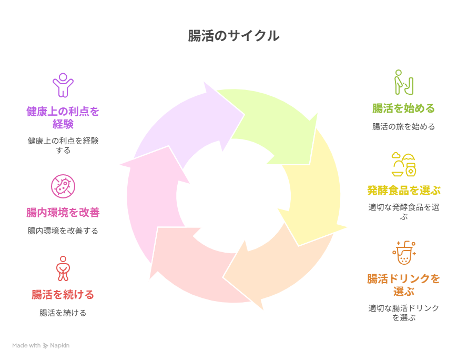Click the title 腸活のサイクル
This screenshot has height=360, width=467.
click(x=233, y=36)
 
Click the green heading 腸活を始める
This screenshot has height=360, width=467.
click(x=403, y=108)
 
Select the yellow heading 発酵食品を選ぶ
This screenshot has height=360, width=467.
click(x=403, y=190)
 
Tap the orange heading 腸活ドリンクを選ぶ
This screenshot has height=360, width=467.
click(x=403, y=284)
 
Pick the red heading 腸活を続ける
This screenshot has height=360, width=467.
click(x=63, y=295)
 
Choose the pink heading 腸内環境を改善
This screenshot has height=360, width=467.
click(x=63, y=213)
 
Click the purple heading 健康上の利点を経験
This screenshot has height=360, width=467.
click(x=63, y=117)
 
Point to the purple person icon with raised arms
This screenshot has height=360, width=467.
click(x=63, y=85)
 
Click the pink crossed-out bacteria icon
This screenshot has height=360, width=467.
click(x=63, y=186)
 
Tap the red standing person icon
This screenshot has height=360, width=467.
click(x=63, y=268)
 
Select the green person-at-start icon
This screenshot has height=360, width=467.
click(x=403, y=82)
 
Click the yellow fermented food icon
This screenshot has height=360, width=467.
click(x=403, y=164)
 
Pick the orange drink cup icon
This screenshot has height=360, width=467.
click(x=403, y=254)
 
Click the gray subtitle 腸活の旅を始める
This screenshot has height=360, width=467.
click(x=403, y=127)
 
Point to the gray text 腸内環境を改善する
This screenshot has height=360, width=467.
click(x=63, y=231)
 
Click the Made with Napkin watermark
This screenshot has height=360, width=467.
click(x=41, y=346)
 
